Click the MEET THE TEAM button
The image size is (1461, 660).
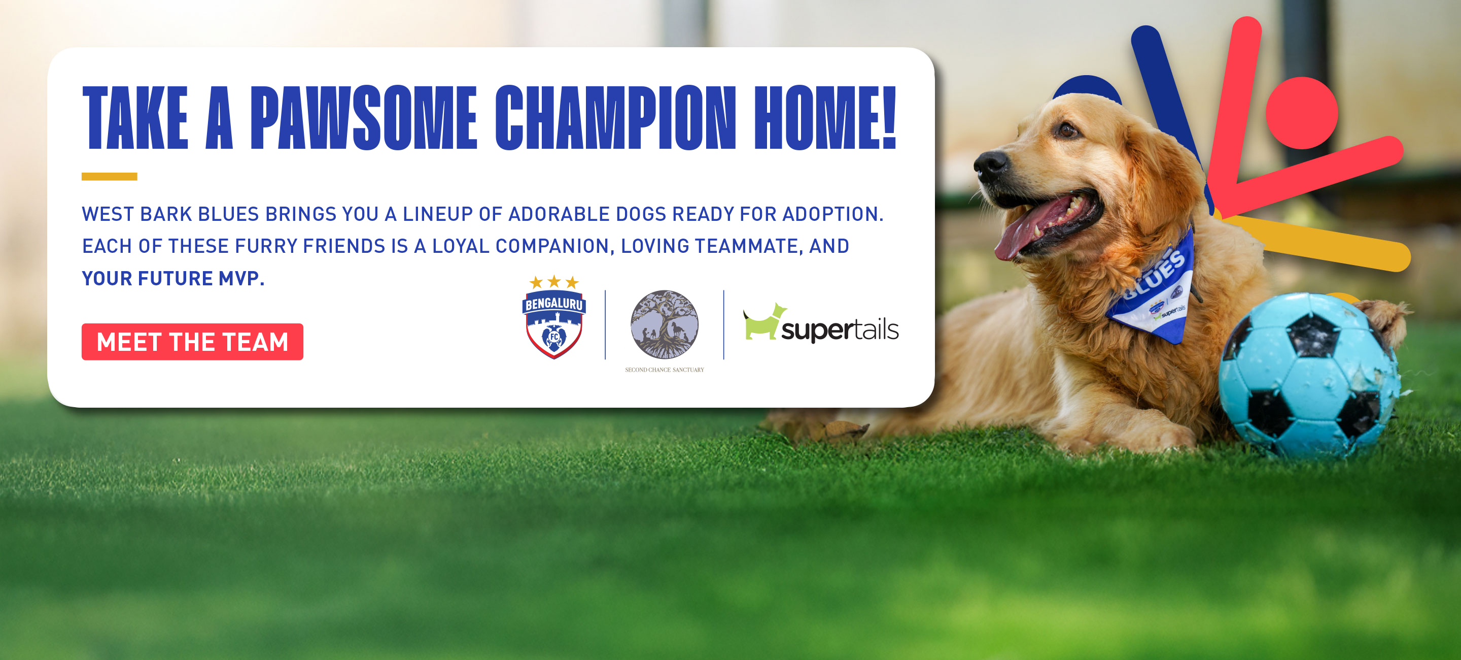(x=192, y=342)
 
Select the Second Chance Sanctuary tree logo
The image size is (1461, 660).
(x=665, y=325)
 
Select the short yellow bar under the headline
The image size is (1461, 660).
(x=110, y=177)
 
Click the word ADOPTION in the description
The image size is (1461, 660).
(x=832, y=214)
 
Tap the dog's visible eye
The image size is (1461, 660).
(x=1067, y=130)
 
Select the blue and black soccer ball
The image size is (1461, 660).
(x=1308, y=376)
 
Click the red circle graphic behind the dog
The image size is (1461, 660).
(x=1302, y=113)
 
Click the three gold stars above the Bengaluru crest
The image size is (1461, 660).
(x=553, y=282)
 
